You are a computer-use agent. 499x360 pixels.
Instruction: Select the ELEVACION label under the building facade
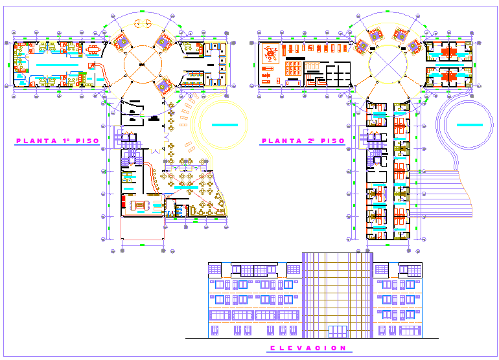(x=308, y=348)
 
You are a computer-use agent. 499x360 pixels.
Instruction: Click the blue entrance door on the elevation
(x=337, y=332)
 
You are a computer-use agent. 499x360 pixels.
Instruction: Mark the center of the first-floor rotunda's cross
(x=142, y=63)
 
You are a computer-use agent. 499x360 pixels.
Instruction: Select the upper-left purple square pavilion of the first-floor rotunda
(x=121, y=42)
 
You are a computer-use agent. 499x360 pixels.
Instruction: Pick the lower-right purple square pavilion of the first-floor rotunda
(x=164, y=84)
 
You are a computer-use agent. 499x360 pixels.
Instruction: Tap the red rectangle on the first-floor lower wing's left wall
(x=124, y=201)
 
